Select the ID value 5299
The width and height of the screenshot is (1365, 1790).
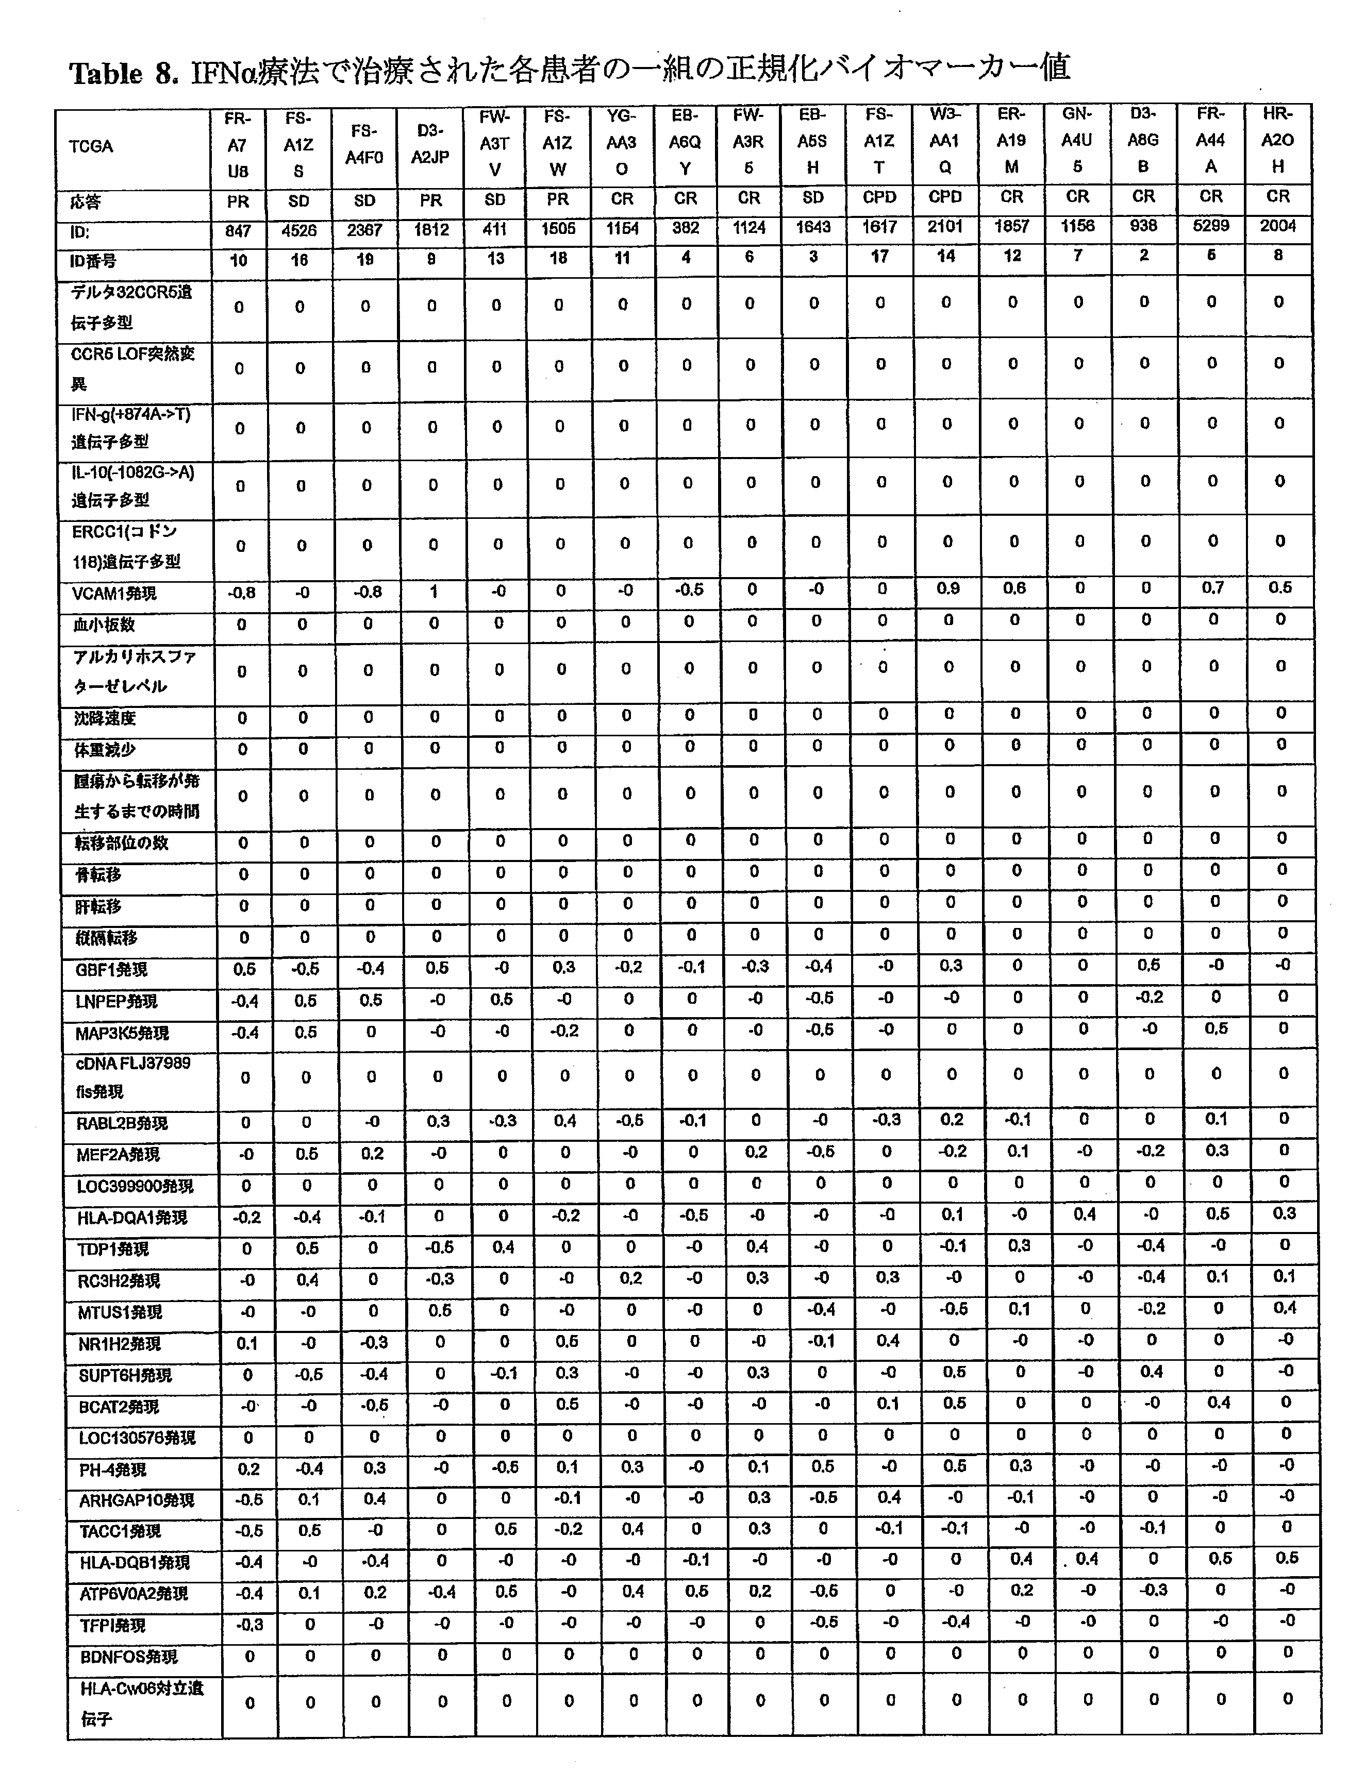click(1211, 227)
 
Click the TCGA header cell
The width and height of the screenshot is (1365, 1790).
click(91, 147)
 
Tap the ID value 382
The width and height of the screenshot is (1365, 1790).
click(686, 228)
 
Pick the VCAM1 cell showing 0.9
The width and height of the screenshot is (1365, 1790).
click(947, 589)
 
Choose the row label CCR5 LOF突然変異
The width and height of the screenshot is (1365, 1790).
click(132, 368)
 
